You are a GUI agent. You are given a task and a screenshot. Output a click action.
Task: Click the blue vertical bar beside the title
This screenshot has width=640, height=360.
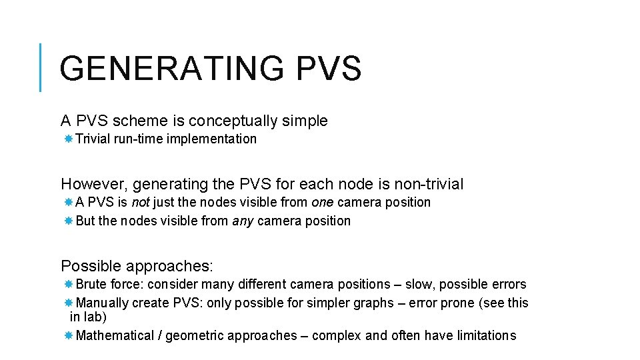pyautogui.click(x=41, y=67)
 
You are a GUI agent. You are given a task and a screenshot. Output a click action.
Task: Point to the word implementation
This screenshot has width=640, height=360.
pyautogui.click(x=211, y=139)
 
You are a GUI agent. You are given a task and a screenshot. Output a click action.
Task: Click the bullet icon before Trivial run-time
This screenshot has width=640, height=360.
pyautogui.click(x=68, y=139)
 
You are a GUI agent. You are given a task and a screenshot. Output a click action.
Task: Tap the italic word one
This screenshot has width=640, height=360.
pyautogui.click(x=323, y=202)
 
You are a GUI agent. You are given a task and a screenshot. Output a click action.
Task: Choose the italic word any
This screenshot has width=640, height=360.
pyautogui.click(x=243, y=221)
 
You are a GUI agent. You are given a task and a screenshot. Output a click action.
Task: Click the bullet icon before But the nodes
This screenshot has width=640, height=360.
pyautogui.click(x=68, y=221)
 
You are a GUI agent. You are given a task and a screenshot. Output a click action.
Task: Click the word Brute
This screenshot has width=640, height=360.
pyautogui.click(x=92, y=285)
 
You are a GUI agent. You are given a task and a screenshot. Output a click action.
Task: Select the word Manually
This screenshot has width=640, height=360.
pyautogui.click(x=103, y=303)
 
